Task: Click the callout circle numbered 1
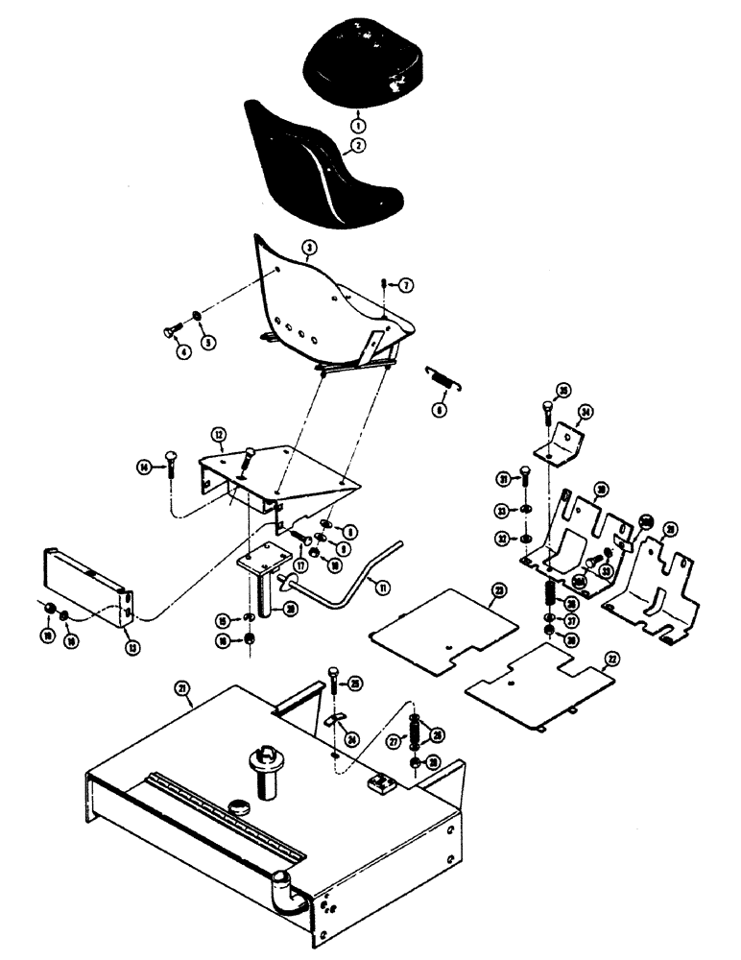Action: [356, 125]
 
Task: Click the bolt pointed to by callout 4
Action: [172, 332]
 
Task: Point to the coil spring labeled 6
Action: [443, 380]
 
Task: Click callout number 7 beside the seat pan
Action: [406, 285]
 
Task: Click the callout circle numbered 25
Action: [355, 683]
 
